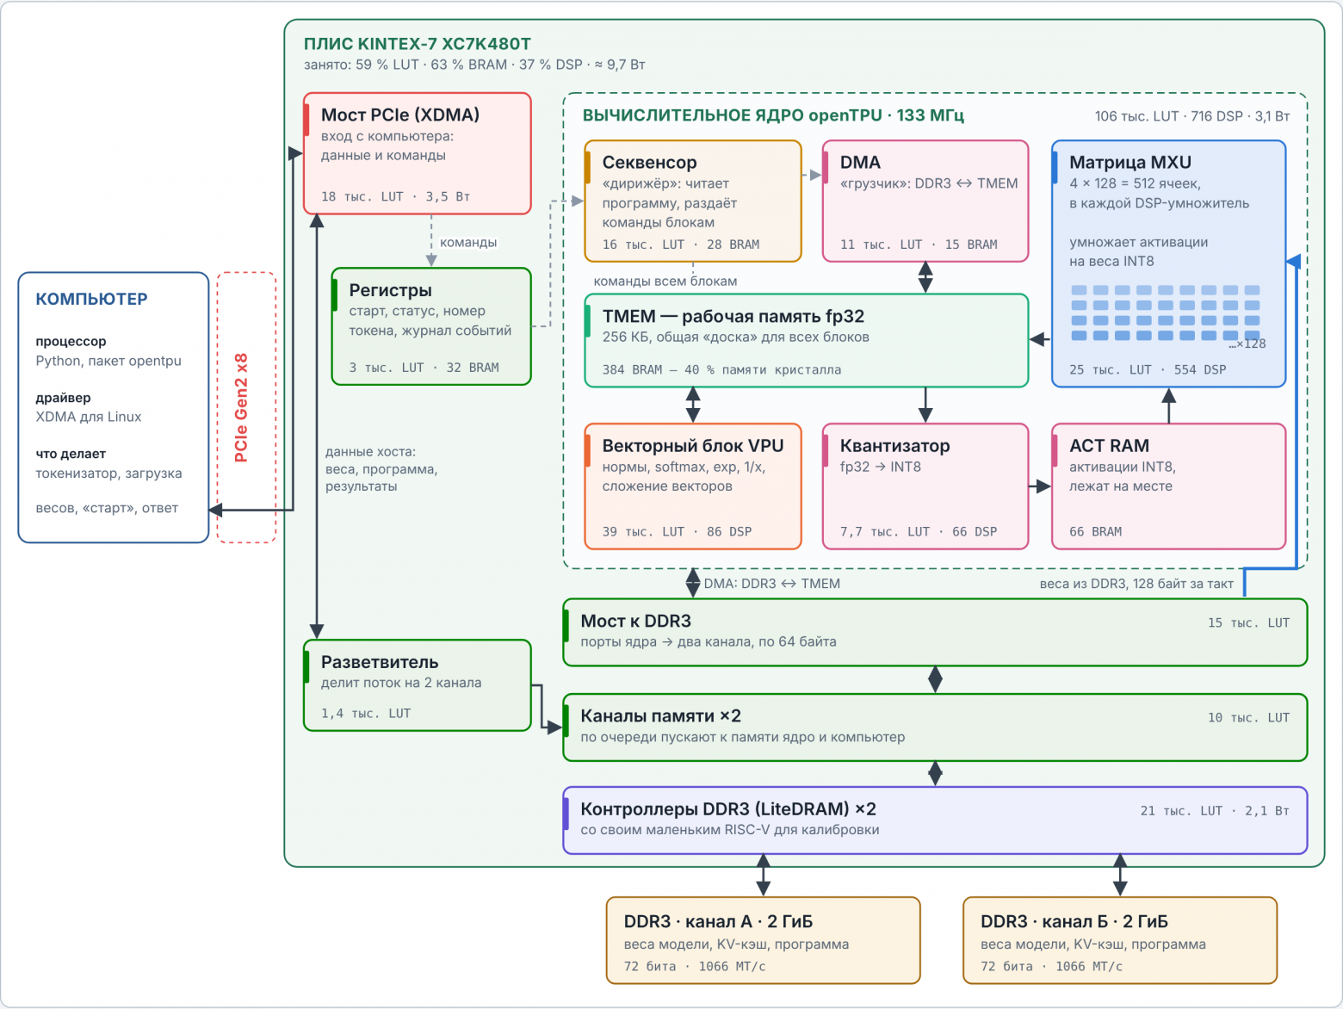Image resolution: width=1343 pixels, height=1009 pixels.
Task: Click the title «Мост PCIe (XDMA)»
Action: tap(400, 115)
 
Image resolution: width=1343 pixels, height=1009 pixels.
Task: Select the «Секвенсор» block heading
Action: tap(649, 162)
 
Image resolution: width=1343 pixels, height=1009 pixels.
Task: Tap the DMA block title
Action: tap(860, 162)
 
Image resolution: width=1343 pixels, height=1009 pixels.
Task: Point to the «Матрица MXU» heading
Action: tap(1130, 162)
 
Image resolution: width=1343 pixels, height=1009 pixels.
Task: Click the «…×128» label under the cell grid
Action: tap(1247, 344)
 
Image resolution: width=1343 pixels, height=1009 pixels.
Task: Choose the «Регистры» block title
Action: tap(390, 290)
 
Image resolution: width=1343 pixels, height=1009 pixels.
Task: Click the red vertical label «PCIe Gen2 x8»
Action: tap(242, 407)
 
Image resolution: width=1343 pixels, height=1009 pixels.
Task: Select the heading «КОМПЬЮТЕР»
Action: tap(92, 299)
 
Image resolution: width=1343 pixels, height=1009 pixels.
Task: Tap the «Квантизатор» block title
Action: tap(894, 445)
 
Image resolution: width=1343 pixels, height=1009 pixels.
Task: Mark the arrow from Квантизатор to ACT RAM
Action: tap(1039, 486)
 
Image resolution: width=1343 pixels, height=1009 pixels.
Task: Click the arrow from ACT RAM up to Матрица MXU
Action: tap(1168, 405)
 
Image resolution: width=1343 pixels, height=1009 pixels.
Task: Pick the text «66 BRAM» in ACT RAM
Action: tap(1095, 532)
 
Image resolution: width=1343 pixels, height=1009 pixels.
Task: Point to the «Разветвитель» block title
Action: tap(380, 662)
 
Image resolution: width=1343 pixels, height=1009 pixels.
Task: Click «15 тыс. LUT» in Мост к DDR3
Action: tap(1248, 623)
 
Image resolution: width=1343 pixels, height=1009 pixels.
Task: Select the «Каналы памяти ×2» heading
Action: tap(661, 716)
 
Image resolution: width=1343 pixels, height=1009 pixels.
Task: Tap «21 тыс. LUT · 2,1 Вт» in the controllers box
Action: tap(1215, 811)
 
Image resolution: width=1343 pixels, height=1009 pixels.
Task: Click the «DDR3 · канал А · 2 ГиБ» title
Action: tap(718, 921)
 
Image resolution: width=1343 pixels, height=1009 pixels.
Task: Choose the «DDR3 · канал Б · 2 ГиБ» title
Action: tap(1074, 921)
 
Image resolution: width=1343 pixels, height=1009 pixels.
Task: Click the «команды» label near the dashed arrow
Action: tap(468, 242)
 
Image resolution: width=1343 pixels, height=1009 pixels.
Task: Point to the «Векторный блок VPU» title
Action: tap(693, 445)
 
